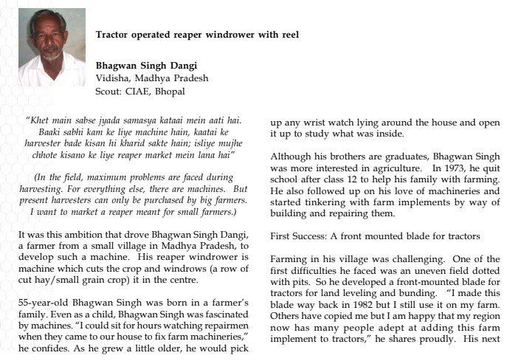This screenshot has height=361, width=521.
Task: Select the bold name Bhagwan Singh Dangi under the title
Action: click(x=145, y=64)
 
